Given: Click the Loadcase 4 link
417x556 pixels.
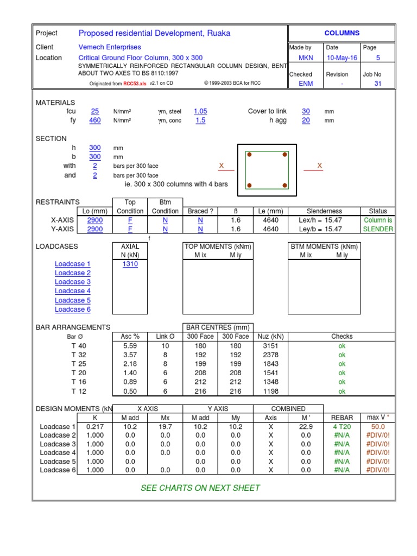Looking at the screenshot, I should [x=72, y=291].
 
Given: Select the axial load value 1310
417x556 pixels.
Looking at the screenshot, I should [x=130, y=264].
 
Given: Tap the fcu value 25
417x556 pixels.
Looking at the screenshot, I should [x=95, y=111].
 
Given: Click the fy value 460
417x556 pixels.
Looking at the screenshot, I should [x=95, y=121].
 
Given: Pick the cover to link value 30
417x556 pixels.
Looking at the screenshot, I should [x=306, y=111].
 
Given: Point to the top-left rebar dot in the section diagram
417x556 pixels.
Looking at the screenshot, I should [x=250, y=155].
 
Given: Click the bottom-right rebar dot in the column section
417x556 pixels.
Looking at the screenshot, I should [x=285, y=186].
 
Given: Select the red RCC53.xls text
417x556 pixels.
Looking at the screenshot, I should [x=135, y=84].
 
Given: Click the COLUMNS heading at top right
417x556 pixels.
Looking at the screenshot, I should [x=342, y=33].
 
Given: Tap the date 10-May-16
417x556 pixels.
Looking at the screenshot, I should [x=342, y=58].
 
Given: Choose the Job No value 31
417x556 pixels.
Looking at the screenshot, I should [x=378, y=84].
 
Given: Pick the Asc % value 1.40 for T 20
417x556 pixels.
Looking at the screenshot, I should [x=130, y=373].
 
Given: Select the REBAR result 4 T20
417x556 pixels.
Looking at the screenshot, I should [x=342, y=427].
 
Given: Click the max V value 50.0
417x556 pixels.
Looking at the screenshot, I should [x=378, y=427].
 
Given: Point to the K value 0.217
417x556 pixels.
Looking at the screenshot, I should [x=95, y=427].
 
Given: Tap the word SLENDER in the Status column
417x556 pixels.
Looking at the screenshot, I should [x=378, y=229].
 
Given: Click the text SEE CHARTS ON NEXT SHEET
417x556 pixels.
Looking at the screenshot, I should [x=200, y=488].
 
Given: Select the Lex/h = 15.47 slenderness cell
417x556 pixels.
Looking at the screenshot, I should [x=324, y=220].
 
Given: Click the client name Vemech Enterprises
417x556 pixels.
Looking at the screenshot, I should [x=110, y=47].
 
